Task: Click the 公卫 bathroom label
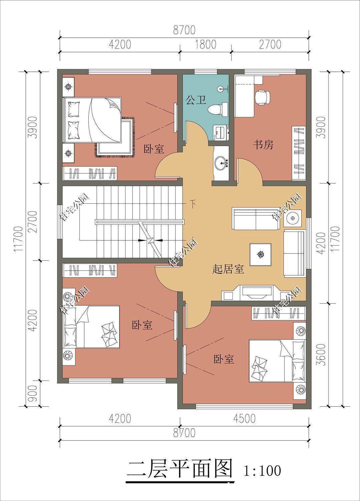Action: (196, 100)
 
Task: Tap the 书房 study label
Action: (263, 145)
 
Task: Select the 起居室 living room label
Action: (228, 269)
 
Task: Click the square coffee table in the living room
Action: (260, 255)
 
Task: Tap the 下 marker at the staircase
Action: (193, 203)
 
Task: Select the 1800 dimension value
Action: (205, 44)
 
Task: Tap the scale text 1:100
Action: (262, 471)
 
